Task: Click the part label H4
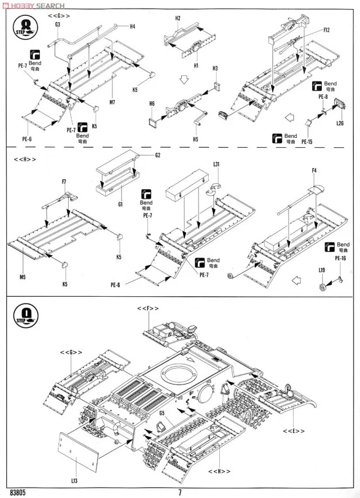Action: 133,26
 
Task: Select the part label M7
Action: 112,102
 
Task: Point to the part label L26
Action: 340,123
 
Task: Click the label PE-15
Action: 307,142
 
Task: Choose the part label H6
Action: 151,103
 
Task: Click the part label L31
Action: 217,164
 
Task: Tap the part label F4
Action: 314,170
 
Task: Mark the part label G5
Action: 161,414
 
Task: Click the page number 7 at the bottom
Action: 180,493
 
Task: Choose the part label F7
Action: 65,181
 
